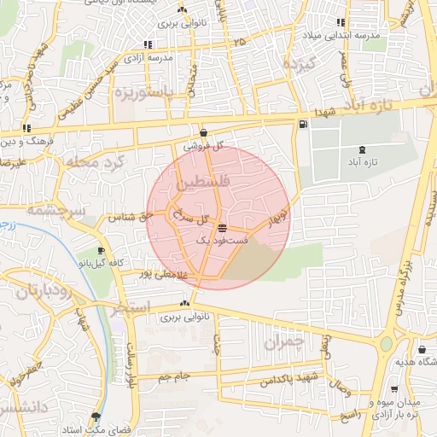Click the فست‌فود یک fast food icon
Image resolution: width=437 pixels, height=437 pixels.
(x=223, y=228)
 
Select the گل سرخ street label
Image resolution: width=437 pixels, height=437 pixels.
(x=192, y=218)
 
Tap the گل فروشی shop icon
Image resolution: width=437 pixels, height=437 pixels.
(x=203, y=133)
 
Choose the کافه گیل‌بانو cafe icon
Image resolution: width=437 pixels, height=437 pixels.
(x=103, y=251)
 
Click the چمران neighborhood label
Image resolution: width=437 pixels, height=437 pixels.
(x=284, y=343)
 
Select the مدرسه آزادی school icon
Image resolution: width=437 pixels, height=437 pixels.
(x=149, y=44)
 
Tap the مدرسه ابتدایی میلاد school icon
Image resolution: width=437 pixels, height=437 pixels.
(x=341, y=22)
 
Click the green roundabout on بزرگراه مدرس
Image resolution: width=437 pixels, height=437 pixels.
(x=387, y=344)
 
